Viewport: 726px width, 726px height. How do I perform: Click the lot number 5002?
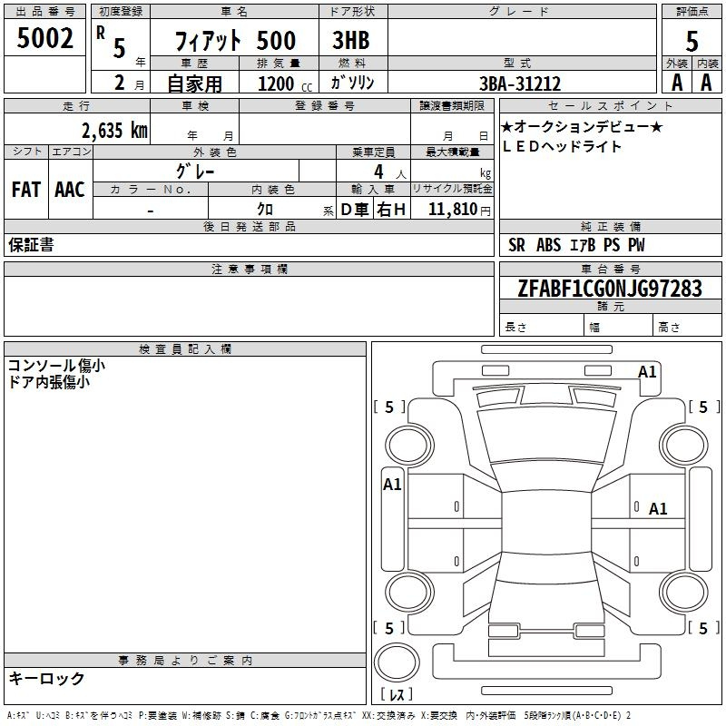tap(44, 38)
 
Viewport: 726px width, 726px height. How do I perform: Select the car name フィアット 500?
tap(235, 41)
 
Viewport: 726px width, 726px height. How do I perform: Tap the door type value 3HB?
tap(351, 40)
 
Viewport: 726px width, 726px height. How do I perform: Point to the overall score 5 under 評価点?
tap(692, 42)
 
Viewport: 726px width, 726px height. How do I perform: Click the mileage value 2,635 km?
tap(115, 131)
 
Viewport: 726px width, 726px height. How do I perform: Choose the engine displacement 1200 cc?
tap(285, 83)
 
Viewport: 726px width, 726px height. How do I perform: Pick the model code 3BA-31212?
tap(520, 83)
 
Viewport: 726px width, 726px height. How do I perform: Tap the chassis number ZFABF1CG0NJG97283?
tap(610, 289)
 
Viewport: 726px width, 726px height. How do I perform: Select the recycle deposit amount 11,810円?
tap(459, 210)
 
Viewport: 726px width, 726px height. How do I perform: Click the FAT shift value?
tap(26, 190)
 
